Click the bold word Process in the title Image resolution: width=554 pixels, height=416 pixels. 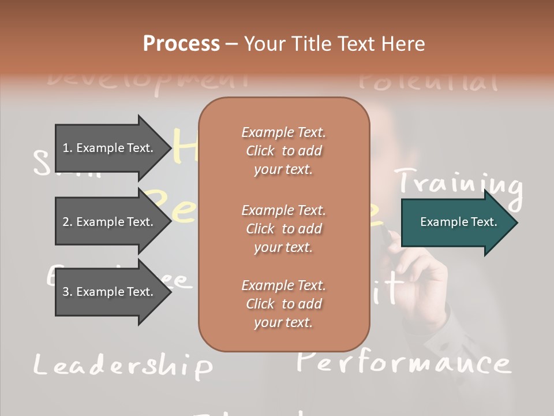pyautogui.click(x=181, y=44)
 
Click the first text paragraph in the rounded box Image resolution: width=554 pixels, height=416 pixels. pyautogui.click(x=283, y=151)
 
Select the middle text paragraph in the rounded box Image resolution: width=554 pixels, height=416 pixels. pyautogui.click(x=283, y=229)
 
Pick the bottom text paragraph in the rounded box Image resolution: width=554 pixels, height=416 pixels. pyautogui.click(x=283, y=304)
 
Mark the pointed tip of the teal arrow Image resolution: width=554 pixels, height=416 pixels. pyautogui.click(x=516, y=222)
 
